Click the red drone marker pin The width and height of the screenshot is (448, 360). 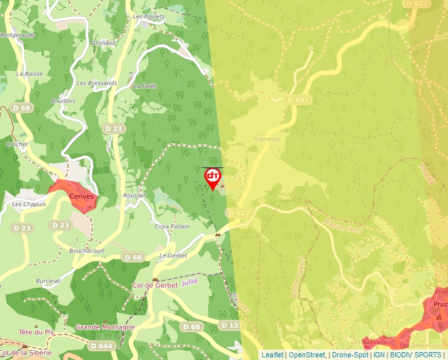pyautogui.click(x=213, y=178)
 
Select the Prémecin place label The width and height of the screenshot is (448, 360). pyautogui.click(x=267, y=140)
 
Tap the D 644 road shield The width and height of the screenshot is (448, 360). pyautogui.click(x=101, y=346)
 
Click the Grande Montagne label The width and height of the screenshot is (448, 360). pyautogui.click(x=105, y=327)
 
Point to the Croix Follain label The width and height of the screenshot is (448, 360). pyautogui.click(x=171, y=226)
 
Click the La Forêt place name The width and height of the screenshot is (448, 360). pyautogui.click(x=146, y=86)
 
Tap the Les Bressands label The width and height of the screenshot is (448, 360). pyautogui.click(x=97, y=84)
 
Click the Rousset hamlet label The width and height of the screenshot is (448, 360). pyautogui.click(x=134, y=195)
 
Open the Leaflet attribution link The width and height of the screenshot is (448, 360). pyautogui.click(x=272, y=355)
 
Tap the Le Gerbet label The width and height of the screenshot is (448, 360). pyautogui.click(x=173, y=255)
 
